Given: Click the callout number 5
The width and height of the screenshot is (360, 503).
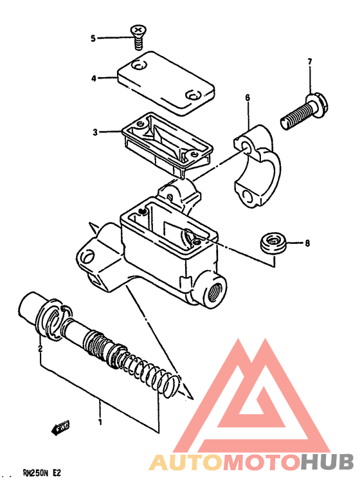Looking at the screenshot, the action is coord(93,39).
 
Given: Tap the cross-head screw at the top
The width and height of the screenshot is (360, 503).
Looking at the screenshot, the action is coord(138,37).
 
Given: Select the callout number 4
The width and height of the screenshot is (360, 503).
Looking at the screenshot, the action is coord(94,78).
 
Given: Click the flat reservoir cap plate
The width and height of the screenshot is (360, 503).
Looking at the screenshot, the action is coord(166,83).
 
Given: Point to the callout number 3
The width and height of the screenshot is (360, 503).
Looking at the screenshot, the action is coord(95,132).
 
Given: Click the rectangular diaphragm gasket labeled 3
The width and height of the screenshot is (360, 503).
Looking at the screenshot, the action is coord(166,144).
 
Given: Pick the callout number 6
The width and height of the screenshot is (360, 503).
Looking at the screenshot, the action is coord(248,98).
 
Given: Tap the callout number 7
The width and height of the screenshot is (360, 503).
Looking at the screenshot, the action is coord(310,62).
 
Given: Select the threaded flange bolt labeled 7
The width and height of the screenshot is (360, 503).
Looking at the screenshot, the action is coord(303,111).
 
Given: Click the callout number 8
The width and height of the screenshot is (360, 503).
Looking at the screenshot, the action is coord(307,243).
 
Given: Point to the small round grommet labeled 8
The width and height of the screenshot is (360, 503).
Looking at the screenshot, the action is coord(273,243).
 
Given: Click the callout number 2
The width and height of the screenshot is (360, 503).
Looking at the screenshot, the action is coord(40,349).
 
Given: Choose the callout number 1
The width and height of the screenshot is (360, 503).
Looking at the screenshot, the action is coord(100,421).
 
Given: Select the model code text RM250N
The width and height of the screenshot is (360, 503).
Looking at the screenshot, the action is coord(36,473).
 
